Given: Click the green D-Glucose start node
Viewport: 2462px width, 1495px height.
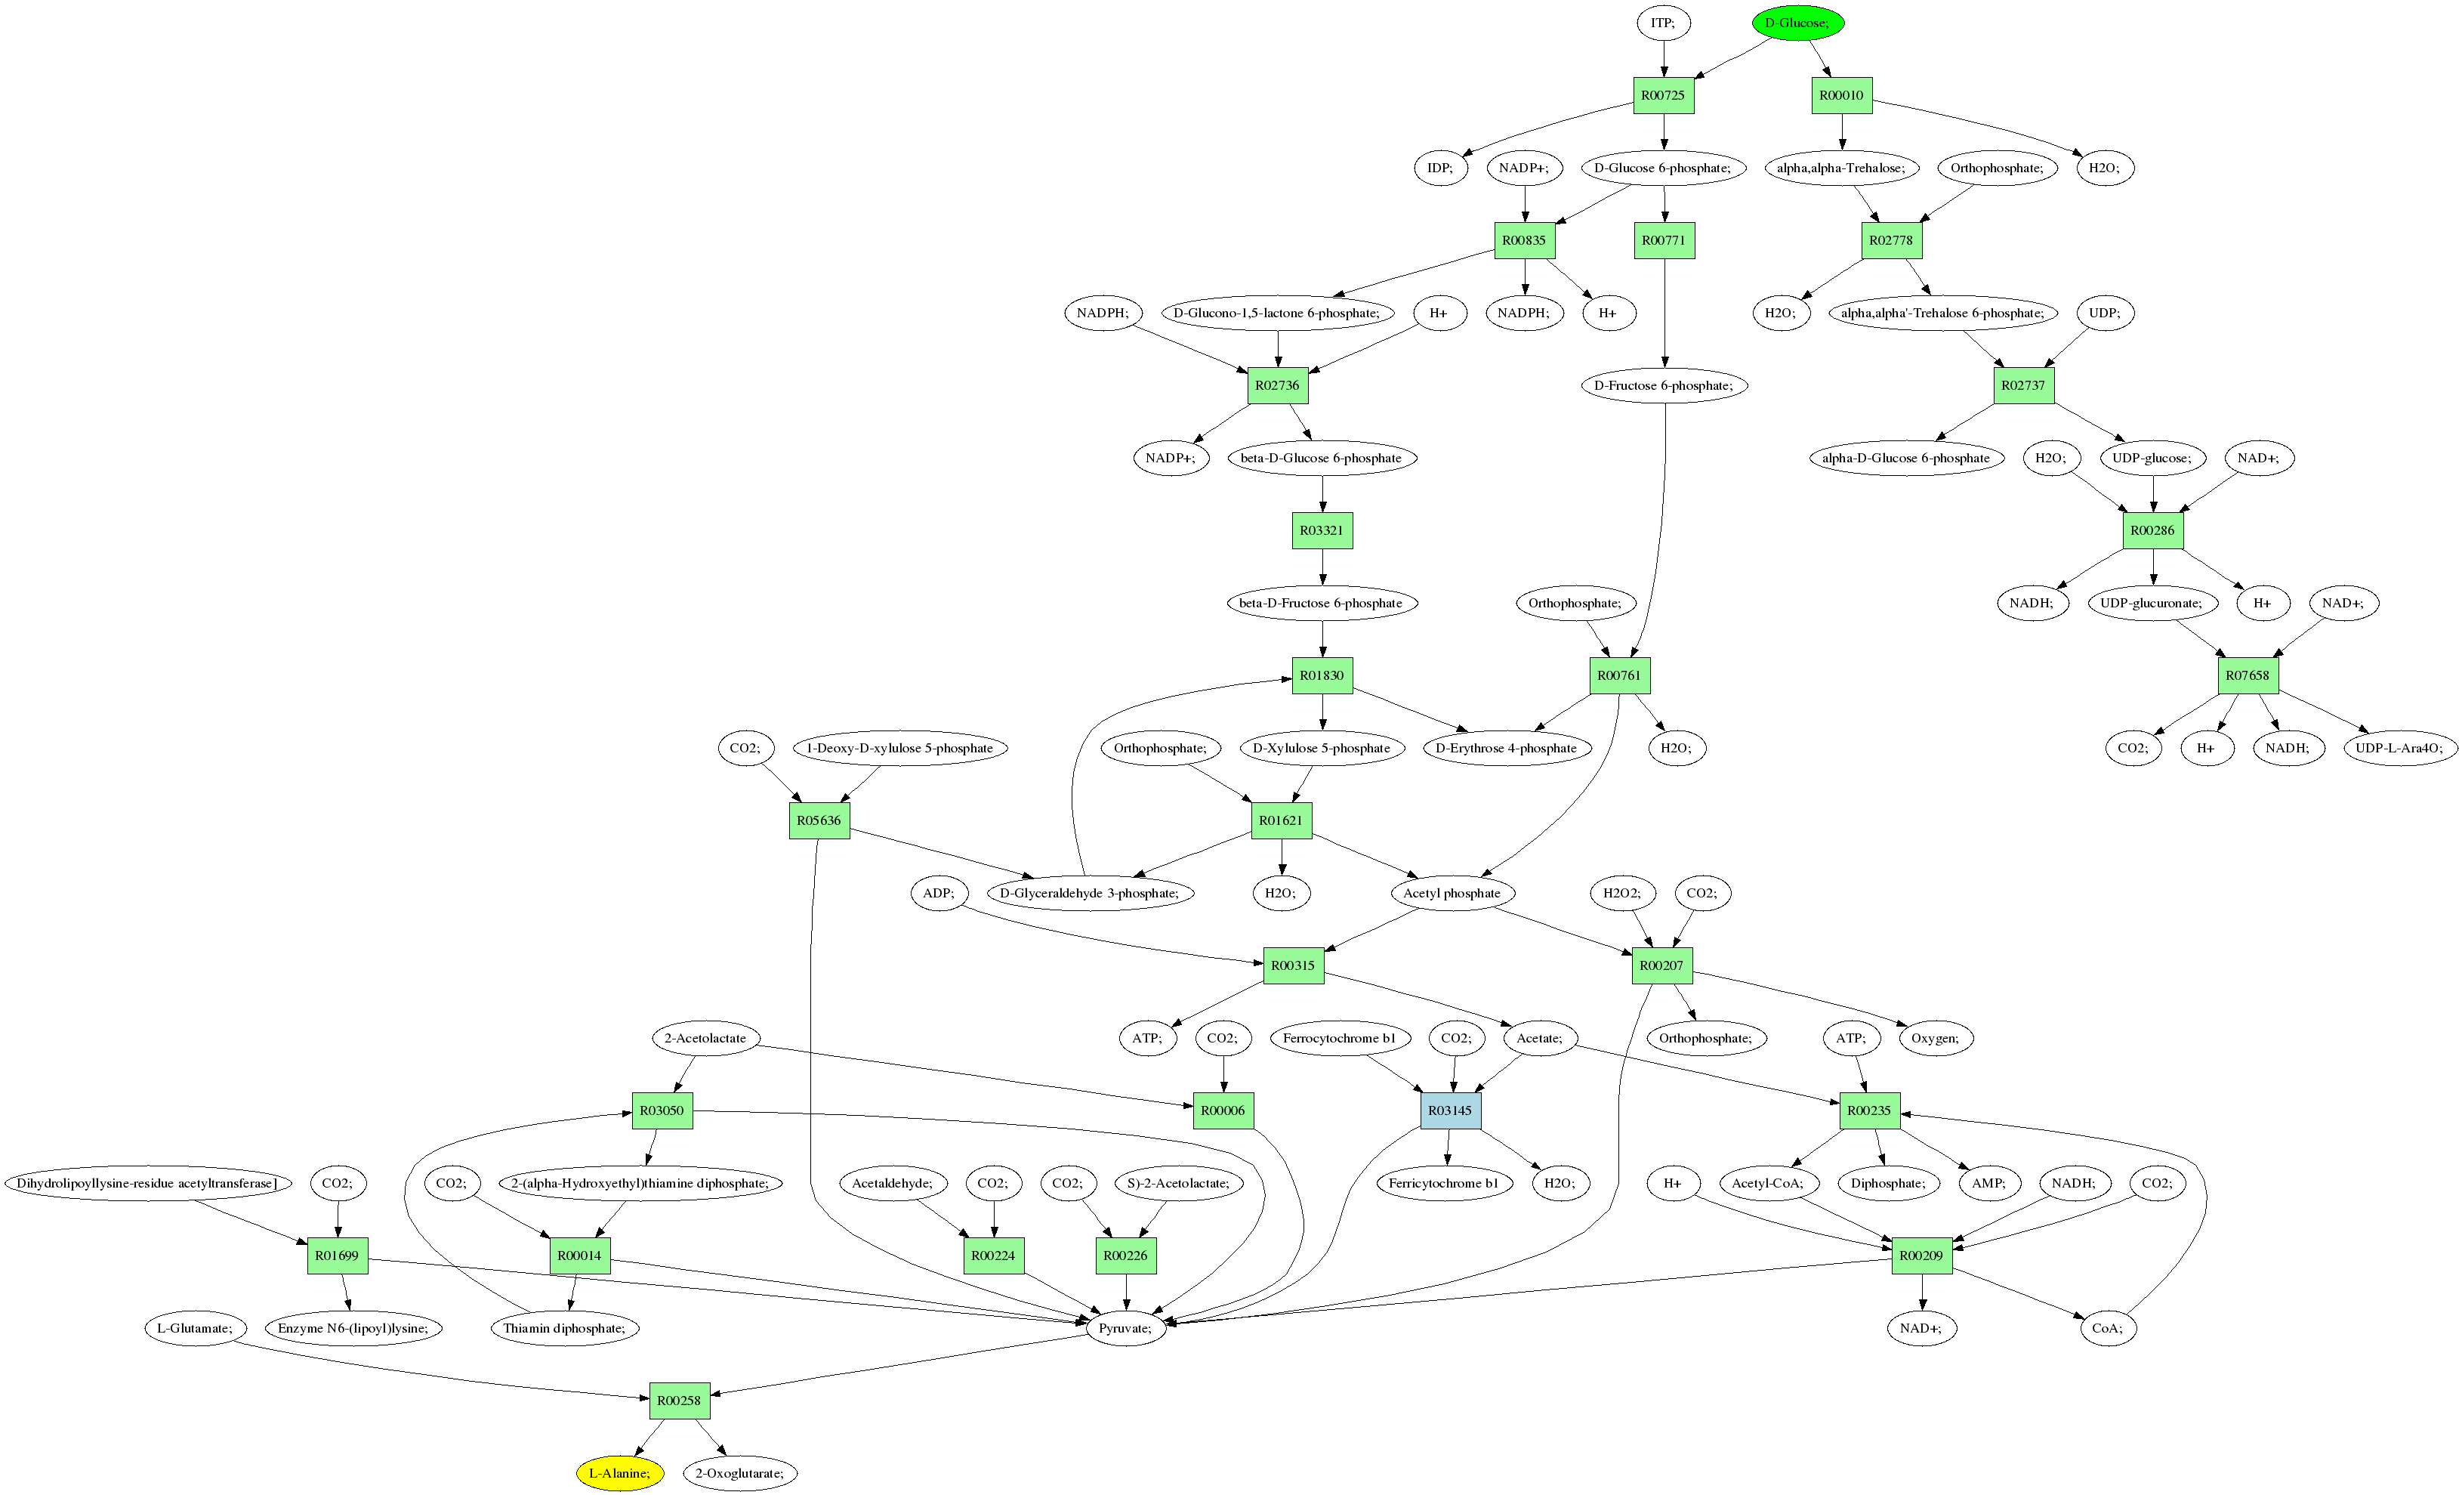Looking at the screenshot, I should click(1797, 23).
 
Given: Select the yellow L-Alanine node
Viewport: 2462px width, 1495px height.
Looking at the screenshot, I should click(619, 1473).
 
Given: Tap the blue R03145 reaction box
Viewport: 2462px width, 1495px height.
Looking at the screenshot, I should click(1450, 1110).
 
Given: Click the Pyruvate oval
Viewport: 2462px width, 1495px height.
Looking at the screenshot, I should click(1125, 1328).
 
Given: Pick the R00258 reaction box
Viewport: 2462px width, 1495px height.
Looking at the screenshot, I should click(680, 1400).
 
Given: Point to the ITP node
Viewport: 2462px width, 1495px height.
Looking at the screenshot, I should click(1663, 23).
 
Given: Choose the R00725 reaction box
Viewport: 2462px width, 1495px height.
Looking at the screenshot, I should click(1663, 95).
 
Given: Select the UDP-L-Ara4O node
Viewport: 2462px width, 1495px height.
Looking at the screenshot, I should click(2399, 748).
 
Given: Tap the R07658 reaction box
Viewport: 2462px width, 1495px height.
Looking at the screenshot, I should click(2248, 675).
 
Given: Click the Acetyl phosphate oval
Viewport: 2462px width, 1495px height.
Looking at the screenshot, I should click(1451, 892).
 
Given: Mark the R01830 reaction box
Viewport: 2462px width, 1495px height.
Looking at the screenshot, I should click(1322, 675).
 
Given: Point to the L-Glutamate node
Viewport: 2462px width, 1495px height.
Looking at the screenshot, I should click(195, 1328).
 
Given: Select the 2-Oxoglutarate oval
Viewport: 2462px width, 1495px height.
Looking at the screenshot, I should click(739, 1473).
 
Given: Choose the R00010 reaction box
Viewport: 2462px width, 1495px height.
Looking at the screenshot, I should click(1841, 95).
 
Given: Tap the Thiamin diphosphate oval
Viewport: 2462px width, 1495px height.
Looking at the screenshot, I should click(565, 1328).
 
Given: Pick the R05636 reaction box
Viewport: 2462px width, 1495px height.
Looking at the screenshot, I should click(819, 820).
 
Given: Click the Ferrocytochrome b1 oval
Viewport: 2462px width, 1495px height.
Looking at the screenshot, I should click(1339, 1038).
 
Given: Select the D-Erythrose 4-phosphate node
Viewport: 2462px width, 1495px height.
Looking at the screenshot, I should click(1506, 748).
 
